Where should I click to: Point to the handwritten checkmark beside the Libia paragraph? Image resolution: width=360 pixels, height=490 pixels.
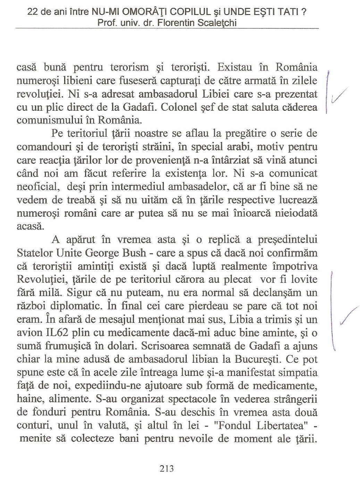click(x=349, y=316)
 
